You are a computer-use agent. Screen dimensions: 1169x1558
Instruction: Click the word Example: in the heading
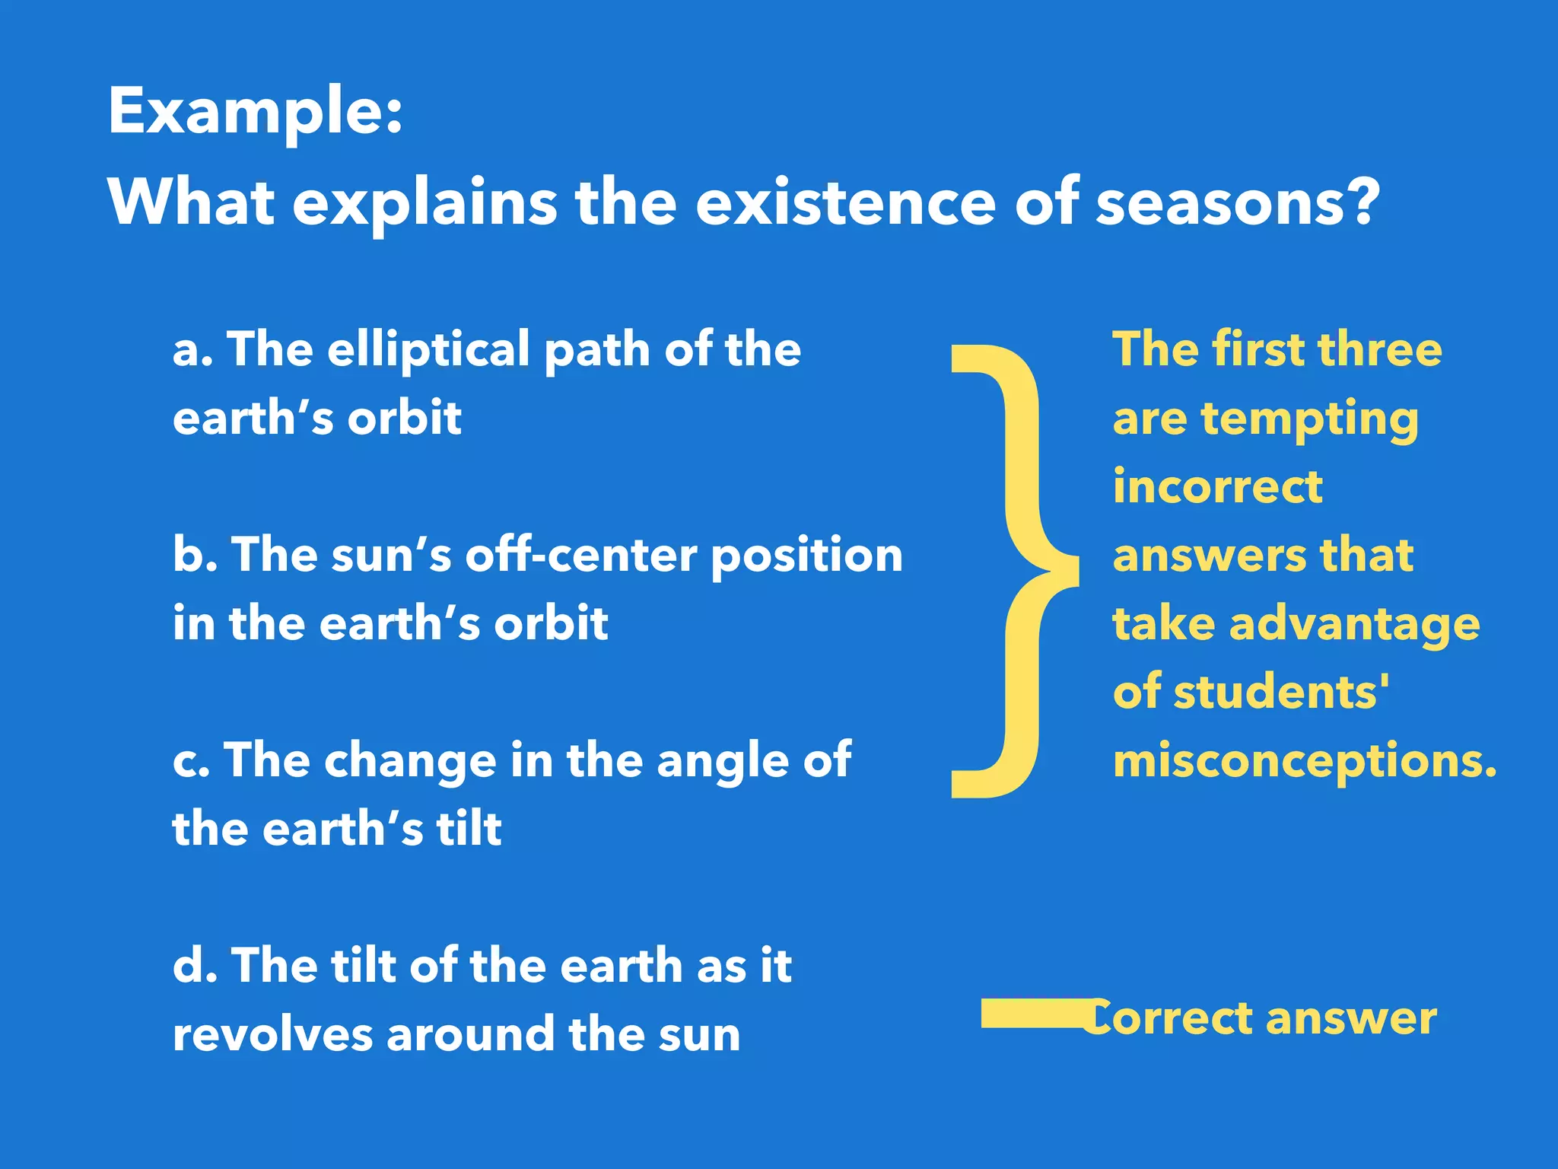[255, 113]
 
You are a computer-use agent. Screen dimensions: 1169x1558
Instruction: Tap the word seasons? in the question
[1237, 203]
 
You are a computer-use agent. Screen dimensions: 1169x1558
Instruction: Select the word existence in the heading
[844, 203]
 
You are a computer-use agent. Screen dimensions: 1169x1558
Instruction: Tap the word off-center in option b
[581, 555]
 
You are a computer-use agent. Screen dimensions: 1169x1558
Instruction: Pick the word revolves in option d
[272, 1035]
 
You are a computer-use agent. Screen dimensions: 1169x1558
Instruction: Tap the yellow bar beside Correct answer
[1031, 1014]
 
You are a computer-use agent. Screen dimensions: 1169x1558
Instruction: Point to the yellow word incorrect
[1217, 487]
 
